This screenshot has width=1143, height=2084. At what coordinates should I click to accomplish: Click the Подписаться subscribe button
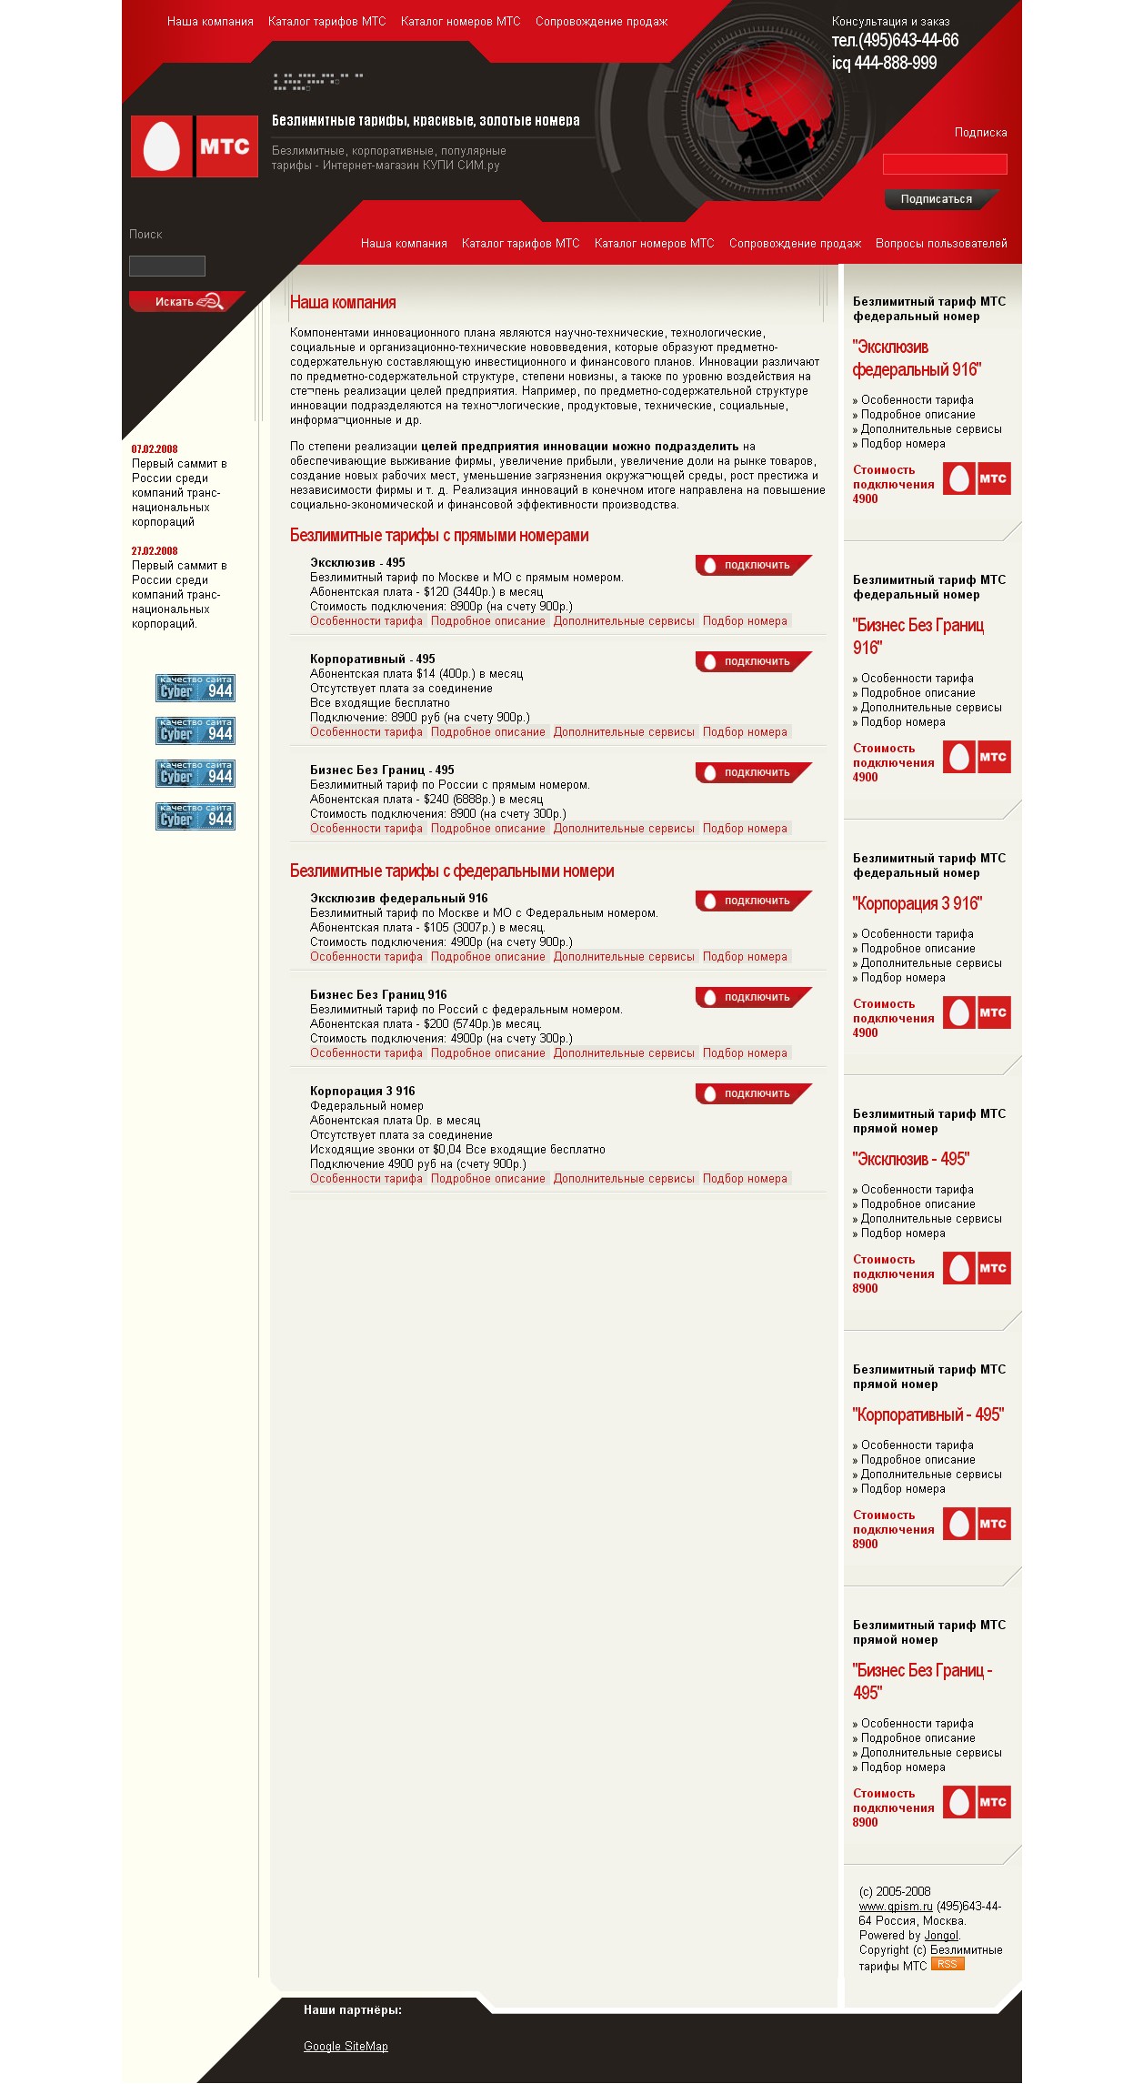tap(937, 199)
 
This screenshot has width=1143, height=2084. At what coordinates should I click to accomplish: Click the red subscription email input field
tap(945, 164)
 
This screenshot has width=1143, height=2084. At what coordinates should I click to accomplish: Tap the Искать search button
tap(185, 301)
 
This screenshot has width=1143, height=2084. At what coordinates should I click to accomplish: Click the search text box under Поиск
tap(167, 266)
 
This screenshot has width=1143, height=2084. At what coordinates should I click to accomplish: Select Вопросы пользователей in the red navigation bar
tap(941, 244)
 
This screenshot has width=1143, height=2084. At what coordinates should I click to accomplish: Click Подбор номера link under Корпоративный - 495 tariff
tap(745, 732)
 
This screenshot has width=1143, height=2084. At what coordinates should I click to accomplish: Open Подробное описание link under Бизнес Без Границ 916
tap(488, 1053)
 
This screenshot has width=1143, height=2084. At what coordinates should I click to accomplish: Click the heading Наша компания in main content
tap(343, 303)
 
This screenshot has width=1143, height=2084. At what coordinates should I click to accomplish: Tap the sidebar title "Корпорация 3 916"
tap(917, 904)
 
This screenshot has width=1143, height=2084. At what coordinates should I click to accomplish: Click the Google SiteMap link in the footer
tap(346, 2047)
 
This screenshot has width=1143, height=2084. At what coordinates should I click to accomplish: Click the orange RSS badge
tap(947, 1964)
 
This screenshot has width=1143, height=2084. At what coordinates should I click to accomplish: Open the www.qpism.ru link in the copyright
tap(896, 1907)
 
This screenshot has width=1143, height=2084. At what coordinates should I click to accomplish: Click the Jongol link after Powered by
tap(941, 1936)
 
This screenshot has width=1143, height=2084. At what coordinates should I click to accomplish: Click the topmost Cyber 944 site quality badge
tap(196, 688)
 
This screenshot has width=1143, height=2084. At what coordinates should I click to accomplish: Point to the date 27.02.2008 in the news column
tap(155, 551)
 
